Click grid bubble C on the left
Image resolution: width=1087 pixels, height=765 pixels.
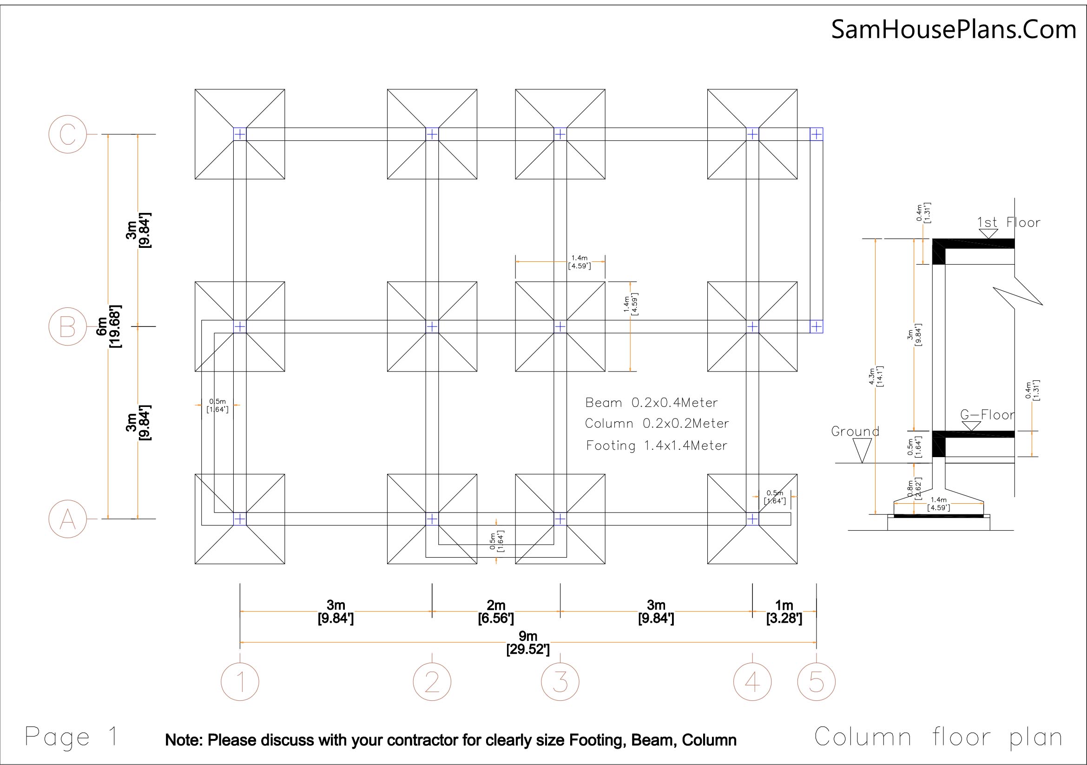pyautogui.click(x=68, y=134)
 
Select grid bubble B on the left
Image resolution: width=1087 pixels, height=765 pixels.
pyautogui.click(x=68, y=326)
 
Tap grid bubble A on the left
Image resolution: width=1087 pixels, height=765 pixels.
pyautogui.click(x=68, y=519)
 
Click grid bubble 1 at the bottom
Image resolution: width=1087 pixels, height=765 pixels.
pyautogui.click(x=240, y=682)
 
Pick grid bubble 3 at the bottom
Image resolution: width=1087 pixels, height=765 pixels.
pyautogui.click(x=560, y=682)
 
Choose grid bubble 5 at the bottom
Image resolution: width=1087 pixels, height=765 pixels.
pyautogui.click(x=816, y=682)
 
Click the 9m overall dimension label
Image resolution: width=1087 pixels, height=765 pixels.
pyautogui.click(x=528, y=643)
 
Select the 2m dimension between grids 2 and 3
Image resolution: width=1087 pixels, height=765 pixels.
pyautogui.click(x=496, y=612)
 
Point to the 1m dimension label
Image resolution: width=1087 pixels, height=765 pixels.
pyautogui.click(x=784, y=612)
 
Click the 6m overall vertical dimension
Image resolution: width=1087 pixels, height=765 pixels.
pyautogui.click(x=108, y=326)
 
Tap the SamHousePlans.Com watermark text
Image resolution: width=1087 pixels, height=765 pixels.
pyautogui.click(x=954, y=29)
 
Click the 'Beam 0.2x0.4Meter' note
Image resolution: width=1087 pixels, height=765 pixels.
pyautogui.click(x=652, y=403)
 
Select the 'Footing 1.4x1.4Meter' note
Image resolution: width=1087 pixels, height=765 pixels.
pyautogui.click(x=657, y=445)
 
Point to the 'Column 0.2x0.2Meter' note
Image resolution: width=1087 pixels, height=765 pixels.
pyautogui.click(x=657, y=424)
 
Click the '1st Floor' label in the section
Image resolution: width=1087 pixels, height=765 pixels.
pyautogui.click(x=1008, y=223)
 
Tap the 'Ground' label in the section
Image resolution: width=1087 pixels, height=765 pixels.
pyautogui.click(x=855, y=432)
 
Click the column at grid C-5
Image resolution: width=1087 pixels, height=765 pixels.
pyautogui.click(x=816, y=134)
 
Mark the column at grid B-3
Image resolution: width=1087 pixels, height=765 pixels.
pyautogui.click(x=560, y=326)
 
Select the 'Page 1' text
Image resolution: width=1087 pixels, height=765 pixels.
pyautogui.click(x=71, y=737)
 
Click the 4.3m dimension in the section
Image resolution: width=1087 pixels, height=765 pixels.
pyautogui.click(x=876, y=377)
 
